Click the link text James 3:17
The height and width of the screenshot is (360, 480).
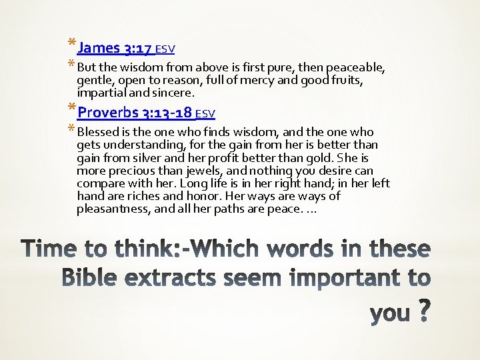point(115,48)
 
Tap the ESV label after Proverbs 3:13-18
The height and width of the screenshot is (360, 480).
point(205,113)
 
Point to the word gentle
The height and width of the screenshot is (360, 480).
point(95,81)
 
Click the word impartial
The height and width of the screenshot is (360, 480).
point(103,93)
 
